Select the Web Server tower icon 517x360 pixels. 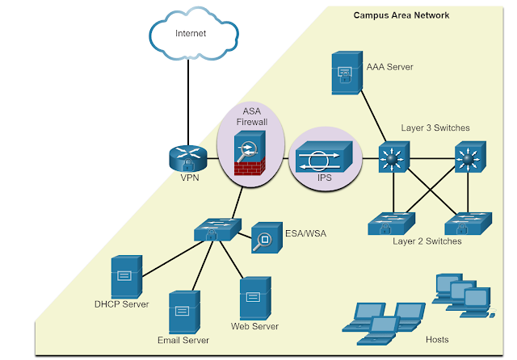click(x=255, y=298)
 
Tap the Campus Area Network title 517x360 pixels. click(x=401, y=15)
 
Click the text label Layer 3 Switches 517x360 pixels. click(x=435, y=128)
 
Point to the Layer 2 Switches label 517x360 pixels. click(x=427, y=241)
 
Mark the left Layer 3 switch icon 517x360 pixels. click(x=395, y=159)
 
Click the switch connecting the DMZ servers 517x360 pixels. click(x=216, y=231)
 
